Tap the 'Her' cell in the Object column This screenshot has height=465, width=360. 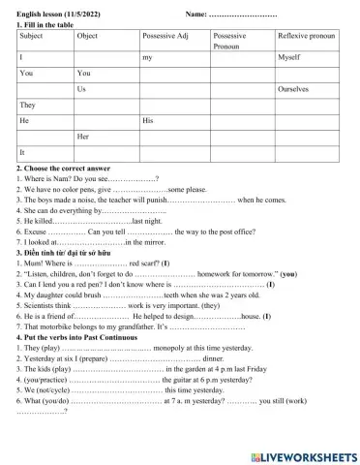coord(85,137)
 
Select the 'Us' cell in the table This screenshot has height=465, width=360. coord(82,88)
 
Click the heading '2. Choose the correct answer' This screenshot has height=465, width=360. coord(64,168)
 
